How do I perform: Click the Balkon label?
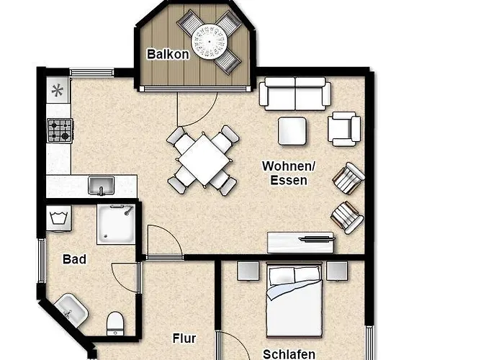click(x=168, y=54)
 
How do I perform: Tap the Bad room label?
click(x=75, y=259)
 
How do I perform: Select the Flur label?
click(x=184, y=338)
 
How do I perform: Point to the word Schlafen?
click(x=289, y=354)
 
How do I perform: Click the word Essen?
click(x=289, y=180)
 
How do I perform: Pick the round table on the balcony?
click(x=210, y=42)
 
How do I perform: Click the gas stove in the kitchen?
click(x=60, y=130)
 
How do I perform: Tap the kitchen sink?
click(x=101, y=186)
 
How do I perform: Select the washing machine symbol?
click(x=59, y=219)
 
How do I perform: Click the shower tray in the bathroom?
click(x=116, y=224)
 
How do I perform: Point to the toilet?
click(x=115, y=323)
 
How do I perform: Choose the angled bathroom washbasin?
click(x=71, y=310)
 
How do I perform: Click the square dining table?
click(x=204, y=160)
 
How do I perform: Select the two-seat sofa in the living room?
click(x=295, y=94)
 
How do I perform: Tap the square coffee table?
click(x=292, y=131)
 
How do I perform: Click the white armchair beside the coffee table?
click(x=344, y=129)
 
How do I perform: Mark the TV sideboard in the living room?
click(x=300, y=243)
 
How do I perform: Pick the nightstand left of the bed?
click(x=248, y=271)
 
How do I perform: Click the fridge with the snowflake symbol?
click(x=58, y=90)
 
